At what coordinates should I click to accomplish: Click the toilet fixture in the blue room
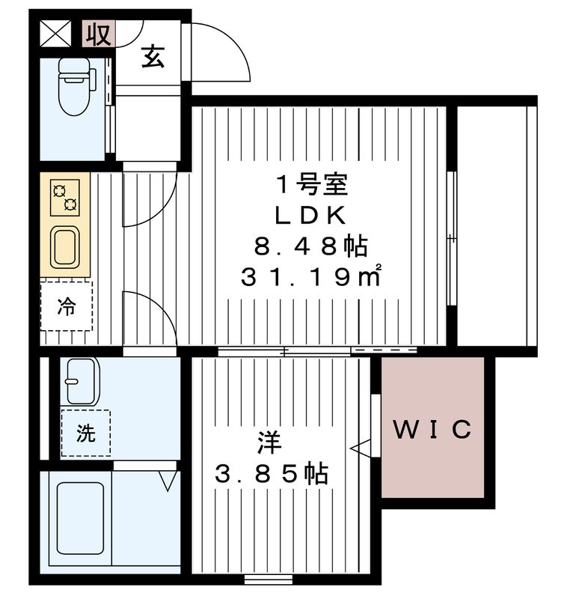(x=76, y=86)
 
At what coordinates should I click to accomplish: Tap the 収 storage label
(x=99, y=34)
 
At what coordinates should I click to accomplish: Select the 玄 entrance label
(x=153, y=57)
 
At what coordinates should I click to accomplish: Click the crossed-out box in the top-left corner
(x=56, y=34)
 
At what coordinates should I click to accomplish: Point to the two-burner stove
(x=65, y=198)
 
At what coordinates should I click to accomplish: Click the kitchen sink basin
(x=65, y=248)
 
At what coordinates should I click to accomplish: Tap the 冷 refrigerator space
(x=67, y=306)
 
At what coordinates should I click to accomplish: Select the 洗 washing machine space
(x=86, y=433)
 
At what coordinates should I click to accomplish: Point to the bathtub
(x=81, y=518)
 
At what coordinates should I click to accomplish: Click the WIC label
(x=432, y=429)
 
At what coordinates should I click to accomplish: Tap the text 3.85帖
(x=272, y=474)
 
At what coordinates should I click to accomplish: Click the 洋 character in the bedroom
(x=269, y=443)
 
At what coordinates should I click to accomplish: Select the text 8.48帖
(x=311, y=246)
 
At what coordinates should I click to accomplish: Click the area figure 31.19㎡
(x=311, y=276)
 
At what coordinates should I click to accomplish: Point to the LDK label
(x=310, y=216)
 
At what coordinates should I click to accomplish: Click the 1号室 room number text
(x=311, y=185)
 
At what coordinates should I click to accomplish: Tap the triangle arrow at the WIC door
(x=361, y=448)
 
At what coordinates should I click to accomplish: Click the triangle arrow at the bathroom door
(x=168, y=481)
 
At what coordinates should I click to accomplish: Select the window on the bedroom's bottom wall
(x=269, y=579)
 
